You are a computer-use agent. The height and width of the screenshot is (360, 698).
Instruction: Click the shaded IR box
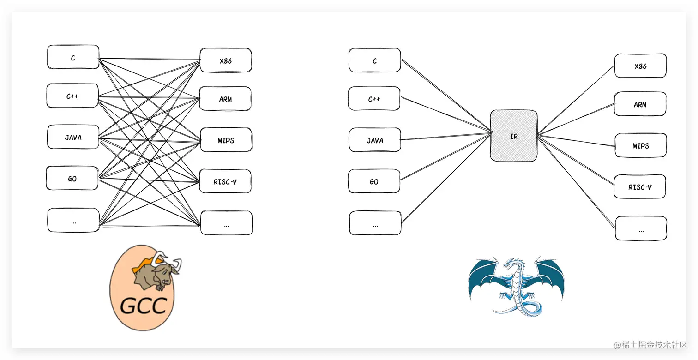pos(514,136)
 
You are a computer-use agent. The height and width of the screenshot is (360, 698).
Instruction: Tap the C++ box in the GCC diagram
pos(72,96)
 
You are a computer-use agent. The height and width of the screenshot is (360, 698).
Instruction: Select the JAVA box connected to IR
pos(375,140)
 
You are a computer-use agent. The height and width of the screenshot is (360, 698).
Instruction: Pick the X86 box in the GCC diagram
pos(226,60)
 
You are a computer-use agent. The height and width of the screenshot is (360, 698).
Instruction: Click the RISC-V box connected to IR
pos(640,187)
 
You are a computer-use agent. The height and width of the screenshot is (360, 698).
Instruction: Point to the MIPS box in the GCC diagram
pos(226,140)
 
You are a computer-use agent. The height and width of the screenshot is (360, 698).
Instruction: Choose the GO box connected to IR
pos(374,181)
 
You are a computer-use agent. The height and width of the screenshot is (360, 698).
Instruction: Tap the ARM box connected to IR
pos(640,104)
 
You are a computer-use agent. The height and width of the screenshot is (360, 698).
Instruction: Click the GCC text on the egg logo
pos(143,305)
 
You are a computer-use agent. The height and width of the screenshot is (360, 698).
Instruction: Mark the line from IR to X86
pos(577,100)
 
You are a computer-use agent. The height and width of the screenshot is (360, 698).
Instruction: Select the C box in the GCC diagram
pos(73,57)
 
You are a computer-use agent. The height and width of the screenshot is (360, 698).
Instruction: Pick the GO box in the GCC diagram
pos(72,179)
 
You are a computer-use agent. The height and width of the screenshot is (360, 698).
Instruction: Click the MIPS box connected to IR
pos(640,146)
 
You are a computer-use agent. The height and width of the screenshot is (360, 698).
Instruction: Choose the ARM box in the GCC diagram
pos(225,99)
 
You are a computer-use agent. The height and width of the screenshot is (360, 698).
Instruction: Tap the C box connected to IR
pos(374,60)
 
